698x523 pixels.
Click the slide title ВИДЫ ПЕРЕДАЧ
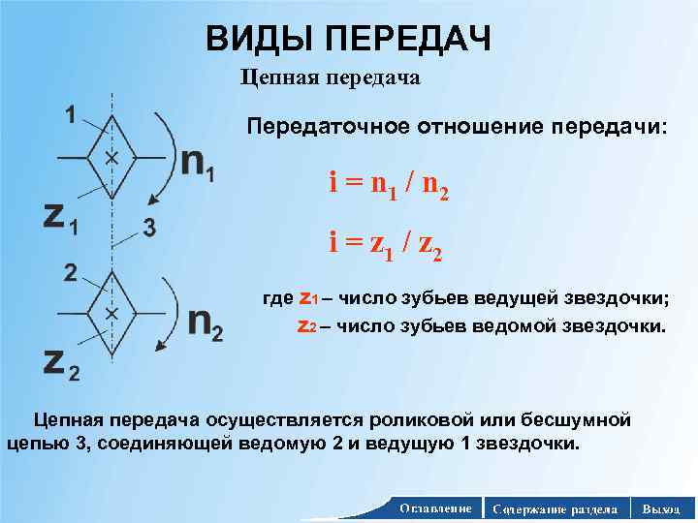[349, 38]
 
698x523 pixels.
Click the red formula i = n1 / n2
[388, 183]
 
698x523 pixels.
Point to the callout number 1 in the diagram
[71, 114]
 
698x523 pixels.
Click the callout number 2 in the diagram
[71, 273]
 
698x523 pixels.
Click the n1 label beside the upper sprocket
[198, 165]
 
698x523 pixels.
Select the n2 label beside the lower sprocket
[204, 323]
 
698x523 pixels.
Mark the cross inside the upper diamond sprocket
[111, 157]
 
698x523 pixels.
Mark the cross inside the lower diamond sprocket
[111, 315]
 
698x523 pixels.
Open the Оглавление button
[434, 508]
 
